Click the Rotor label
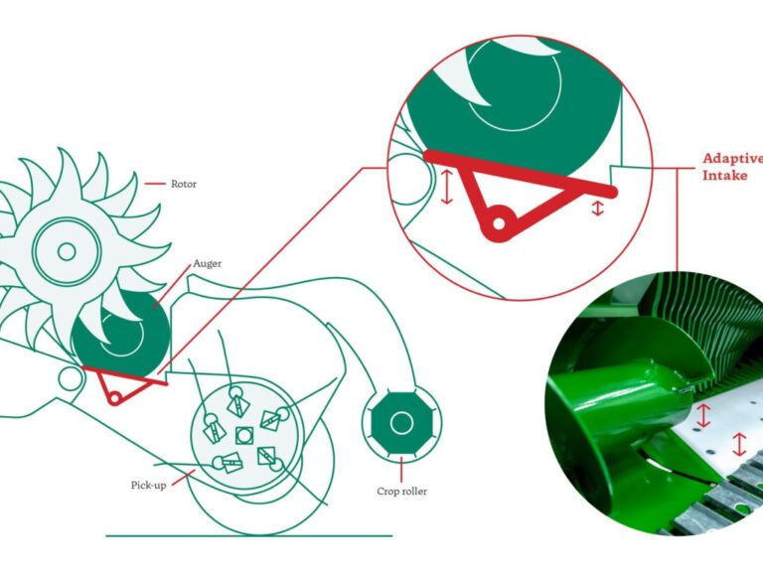[x=184, y=184]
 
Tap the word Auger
[x=208, y=263]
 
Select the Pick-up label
[x=148, y=485]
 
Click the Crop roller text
[x=402, y=492]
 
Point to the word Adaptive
[x=733, y=159]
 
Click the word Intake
[x=724, y=175]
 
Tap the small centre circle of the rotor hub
[x=67, y=252]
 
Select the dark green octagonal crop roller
[x=401, y=424]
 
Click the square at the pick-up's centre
[x=243, y=435]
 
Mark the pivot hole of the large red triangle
[x=500, y=223]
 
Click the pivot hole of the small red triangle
[x=115, y=399]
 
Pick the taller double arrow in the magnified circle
[x=446, y=187]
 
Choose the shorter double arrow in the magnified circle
[x=597, y=209]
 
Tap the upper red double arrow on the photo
[x=703, y=415]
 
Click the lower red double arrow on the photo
[x=739, y=444]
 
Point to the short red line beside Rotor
[x=155, y=184]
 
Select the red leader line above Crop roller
[x=401, y=470]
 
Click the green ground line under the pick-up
[x=249, y=536]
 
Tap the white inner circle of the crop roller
[x=401, y=424]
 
